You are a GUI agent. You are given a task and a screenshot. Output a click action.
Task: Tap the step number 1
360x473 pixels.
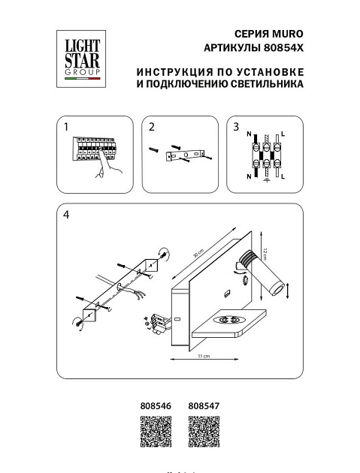(66, 127)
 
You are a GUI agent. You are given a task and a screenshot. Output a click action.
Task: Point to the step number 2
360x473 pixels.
(151, 127)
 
